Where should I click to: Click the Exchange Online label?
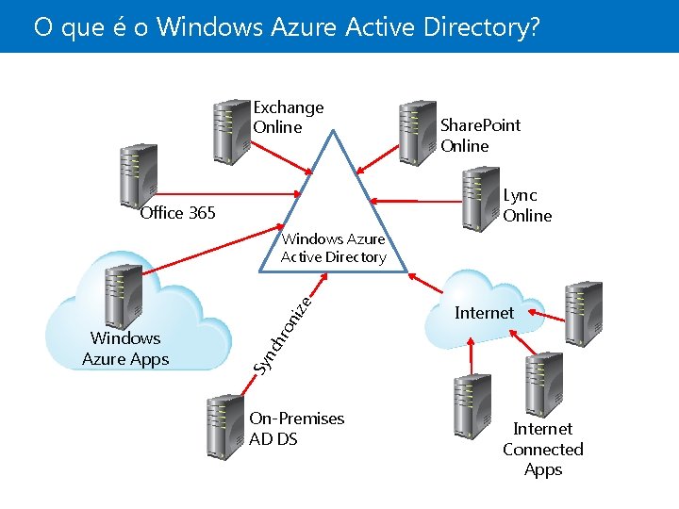point(288,118)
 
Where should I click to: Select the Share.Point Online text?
point(480,135)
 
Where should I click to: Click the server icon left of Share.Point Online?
point(416,132)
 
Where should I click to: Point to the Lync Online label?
point(526,205)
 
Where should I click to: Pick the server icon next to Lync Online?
point(479,198)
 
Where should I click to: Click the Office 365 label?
point(177,213)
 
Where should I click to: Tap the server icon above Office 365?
point(138,174)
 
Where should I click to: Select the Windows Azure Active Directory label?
point(334,248)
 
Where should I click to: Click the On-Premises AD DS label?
point(296,428)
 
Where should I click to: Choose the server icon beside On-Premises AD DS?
point(225,427)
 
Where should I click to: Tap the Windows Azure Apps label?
point(125,348)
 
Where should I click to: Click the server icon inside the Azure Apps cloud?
point(124,297)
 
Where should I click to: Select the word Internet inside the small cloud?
point(484,313)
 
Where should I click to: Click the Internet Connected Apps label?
point(542,450)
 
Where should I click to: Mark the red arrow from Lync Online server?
point(415,200)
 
